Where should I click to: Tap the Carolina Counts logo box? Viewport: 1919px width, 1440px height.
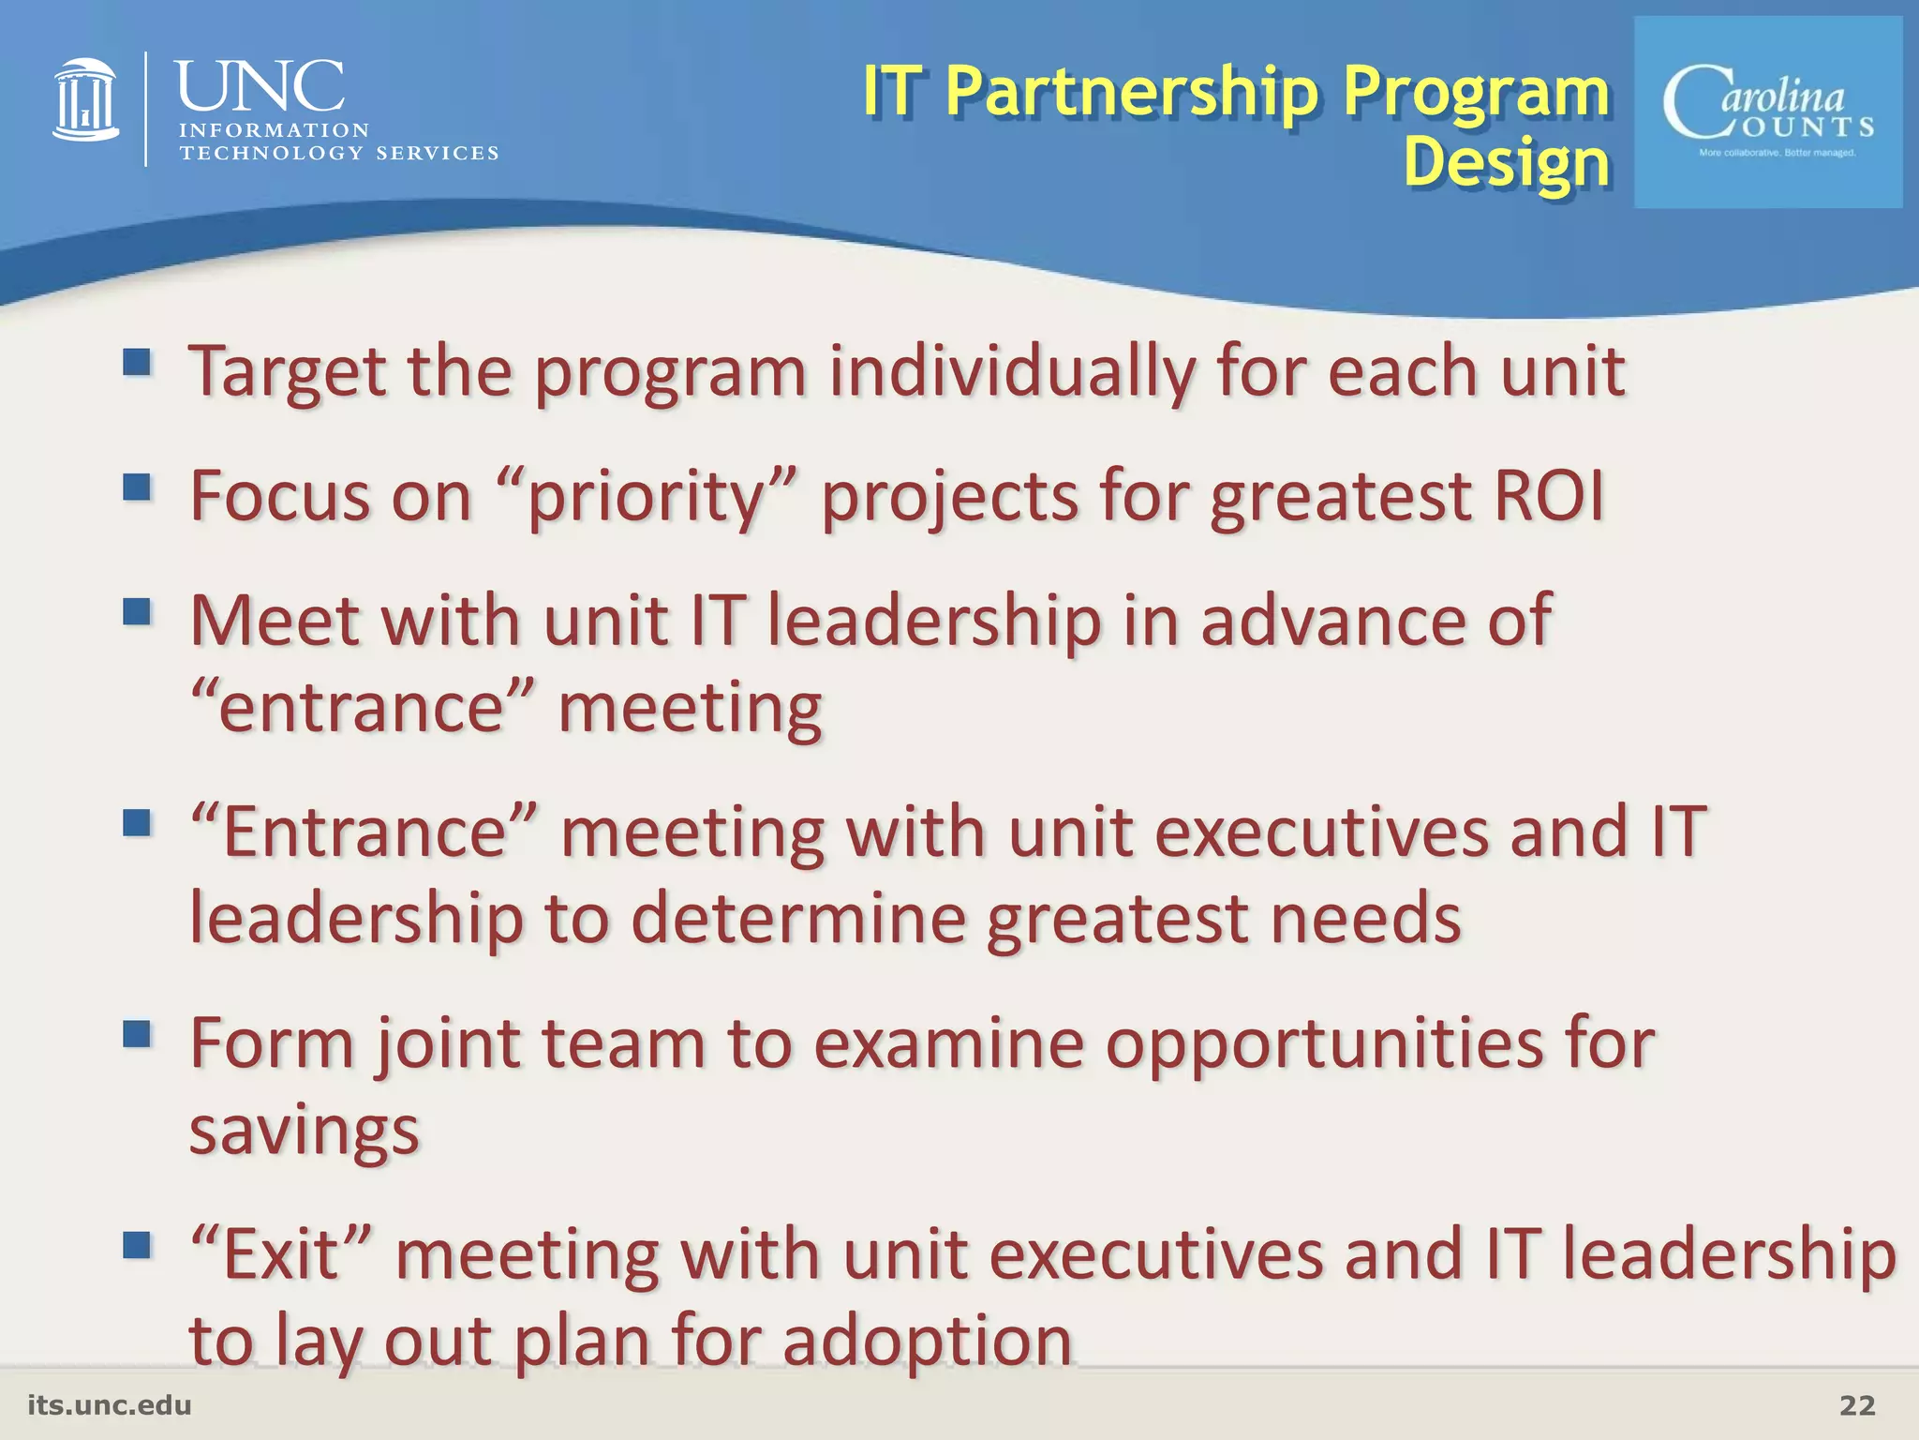coord(1767,112)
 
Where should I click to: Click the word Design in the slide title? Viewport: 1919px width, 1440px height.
coord(1506,162)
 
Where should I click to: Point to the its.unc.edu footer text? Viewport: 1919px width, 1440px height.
coord(110,1405)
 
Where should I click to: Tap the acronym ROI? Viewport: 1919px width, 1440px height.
coord(1548,495)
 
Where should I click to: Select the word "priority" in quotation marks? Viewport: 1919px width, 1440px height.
coord(647,497)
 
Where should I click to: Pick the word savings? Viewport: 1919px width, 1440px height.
coord(304,1132)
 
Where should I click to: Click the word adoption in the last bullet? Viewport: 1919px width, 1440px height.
coord(927,1341)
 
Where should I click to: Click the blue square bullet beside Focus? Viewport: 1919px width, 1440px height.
coord(137,487)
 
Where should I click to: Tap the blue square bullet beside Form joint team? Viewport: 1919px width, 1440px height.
coord(137,1034)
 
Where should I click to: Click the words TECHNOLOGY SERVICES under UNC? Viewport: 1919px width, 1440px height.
coord(338,153)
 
